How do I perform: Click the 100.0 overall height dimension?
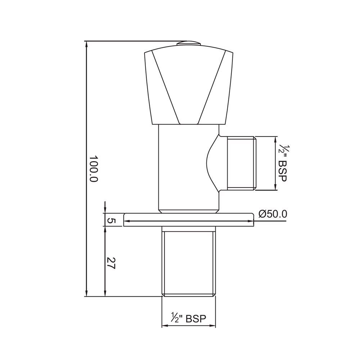[94, 168]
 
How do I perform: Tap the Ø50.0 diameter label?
[273, 214]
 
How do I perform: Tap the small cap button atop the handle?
[189, 44]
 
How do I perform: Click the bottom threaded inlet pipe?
[189, 263]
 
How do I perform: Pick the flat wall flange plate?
[189, 220]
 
